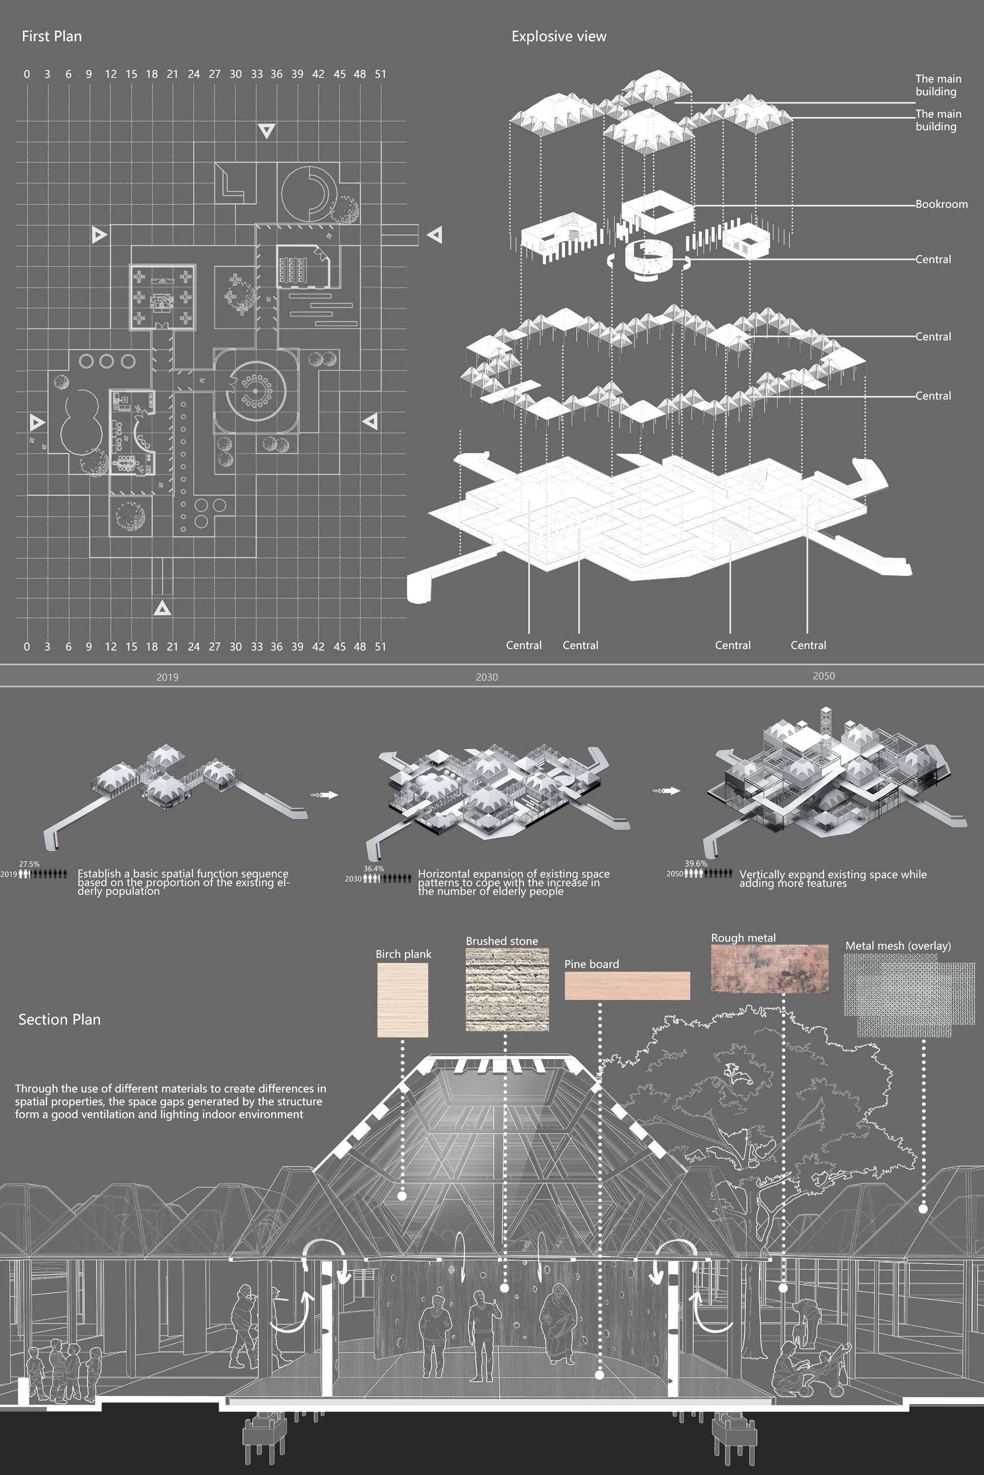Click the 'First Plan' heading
[52, 36]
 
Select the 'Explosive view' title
[558, 36]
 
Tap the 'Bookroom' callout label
[941, 204]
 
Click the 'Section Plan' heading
[59, 1019]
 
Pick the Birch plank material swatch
[402, 1000]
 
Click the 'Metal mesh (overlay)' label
[897, 945]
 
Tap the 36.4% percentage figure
[373, 869]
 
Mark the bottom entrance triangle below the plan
[162, 608]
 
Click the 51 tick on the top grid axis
[380, 74]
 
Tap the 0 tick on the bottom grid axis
[27, 647]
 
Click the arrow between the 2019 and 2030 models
[324, 795]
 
